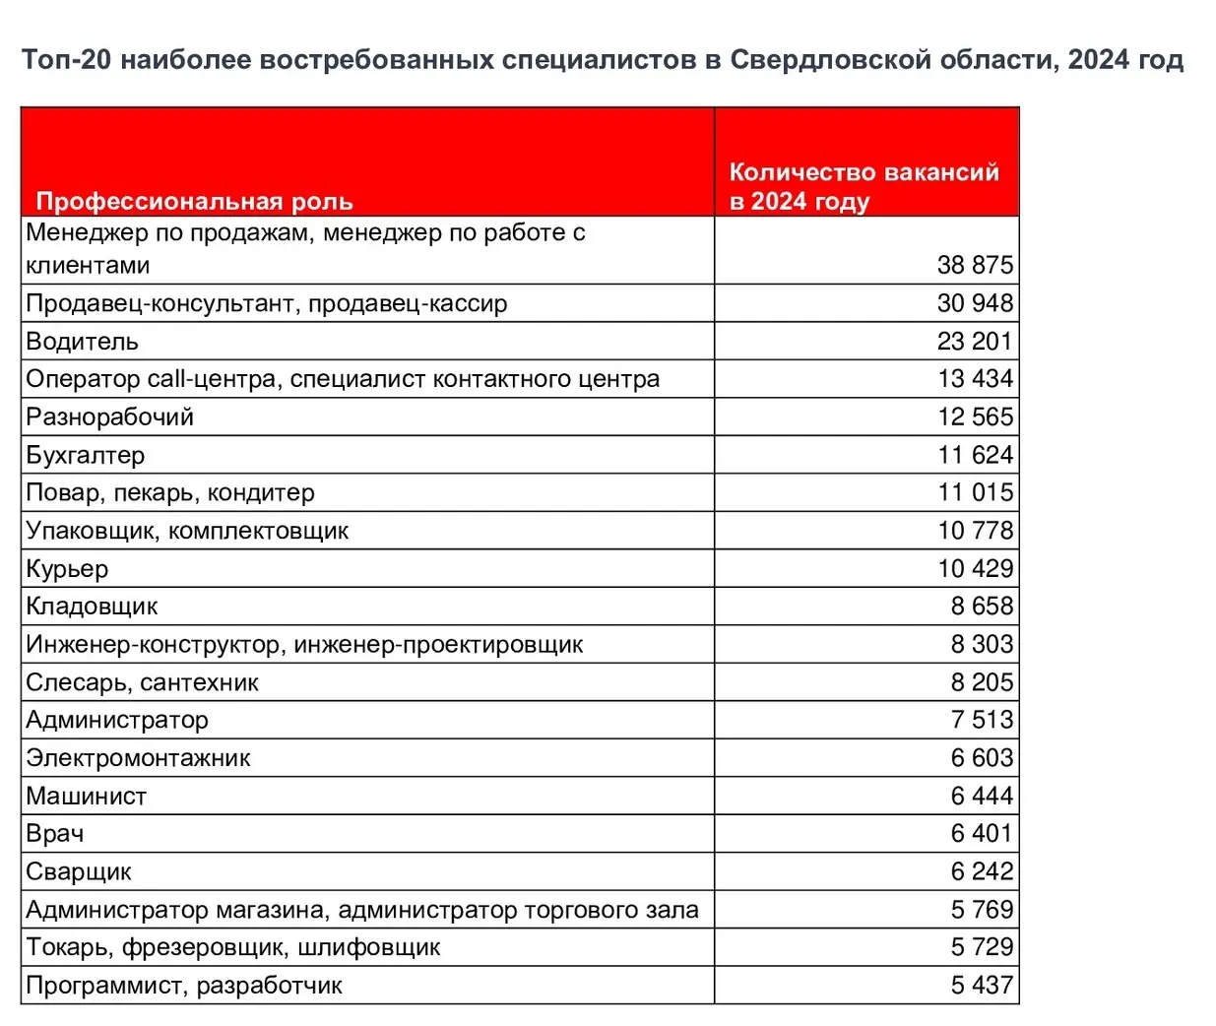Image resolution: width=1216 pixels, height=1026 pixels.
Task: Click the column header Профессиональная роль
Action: pyautogui.click(x=194, y=202)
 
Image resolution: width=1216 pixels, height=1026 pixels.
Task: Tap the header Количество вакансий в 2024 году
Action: pyautogui.click(x=864, y=187)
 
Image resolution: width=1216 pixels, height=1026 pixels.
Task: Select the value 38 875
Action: pyautogui.click(x=975, y=265)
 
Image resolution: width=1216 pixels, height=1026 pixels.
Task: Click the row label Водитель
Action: pyautogui.click(x=83, y=342)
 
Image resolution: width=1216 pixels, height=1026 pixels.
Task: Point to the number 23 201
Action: pyautogui.click(x=975, y=342)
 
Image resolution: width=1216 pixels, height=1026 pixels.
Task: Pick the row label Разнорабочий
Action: pyautogui.click(x=110, y=417)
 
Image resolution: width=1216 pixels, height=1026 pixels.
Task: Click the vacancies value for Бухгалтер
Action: pyautogui.click(x=975, y=455)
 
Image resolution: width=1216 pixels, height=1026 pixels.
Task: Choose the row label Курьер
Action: pyautogui.click(x=67, y=569)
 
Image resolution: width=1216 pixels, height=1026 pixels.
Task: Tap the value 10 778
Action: pyautogui.click(x=975, y=531)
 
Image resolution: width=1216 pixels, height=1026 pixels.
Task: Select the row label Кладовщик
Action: pyautogui.click(x=92, y=607)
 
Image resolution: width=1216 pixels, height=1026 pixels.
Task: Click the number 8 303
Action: pyautogui.click(x=982, y=644)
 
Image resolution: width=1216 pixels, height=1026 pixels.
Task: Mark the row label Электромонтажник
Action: pyautogui.click(x=138, y=758)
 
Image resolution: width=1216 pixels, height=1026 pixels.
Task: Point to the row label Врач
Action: pyautogui.click(x=55, y=834)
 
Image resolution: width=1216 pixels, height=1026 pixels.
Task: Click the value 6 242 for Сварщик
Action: pyautogui.click(x=982, y=871)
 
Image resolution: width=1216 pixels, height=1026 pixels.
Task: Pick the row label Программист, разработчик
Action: pyautogui.click(x=184, y=986)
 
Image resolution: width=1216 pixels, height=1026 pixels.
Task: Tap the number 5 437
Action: pyautogui.click(x=982, y=986)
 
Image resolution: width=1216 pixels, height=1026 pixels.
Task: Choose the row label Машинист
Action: pyautogui.click(x=87, y=797)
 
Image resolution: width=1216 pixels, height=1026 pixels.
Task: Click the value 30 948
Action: pyautogui.click(x=975, y=303)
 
